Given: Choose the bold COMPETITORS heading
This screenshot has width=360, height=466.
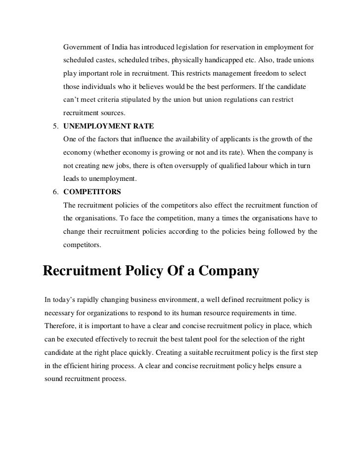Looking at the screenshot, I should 92,191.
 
